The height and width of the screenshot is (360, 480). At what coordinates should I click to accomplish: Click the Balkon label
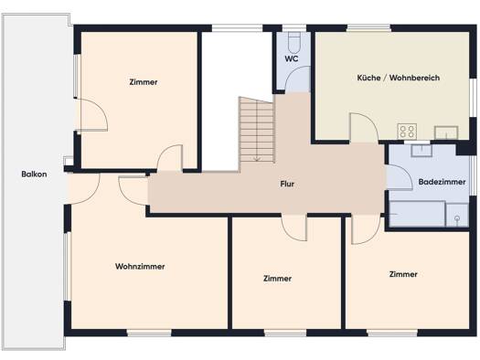click(34, 175)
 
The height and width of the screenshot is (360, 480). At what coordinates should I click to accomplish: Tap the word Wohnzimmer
click(140, 267)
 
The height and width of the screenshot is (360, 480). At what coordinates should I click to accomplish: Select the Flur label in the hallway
click(287, 185)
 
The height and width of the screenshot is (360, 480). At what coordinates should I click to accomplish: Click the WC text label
click(292, 58)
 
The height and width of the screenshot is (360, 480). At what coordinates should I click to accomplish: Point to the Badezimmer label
click(442, 182)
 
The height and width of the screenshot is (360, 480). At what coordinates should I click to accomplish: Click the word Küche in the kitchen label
click(368, 78)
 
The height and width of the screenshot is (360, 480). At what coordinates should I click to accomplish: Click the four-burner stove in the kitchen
click(407, 131)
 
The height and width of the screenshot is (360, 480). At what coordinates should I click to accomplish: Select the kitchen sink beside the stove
click(446, 132)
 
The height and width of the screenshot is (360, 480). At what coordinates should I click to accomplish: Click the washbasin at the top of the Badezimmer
click(421, 150)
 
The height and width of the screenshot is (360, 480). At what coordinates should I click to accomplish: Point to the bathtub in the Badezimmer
click(417, 214)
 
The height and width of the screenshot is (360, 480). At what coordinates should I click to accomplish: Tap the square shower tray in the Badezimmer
click(457, 215)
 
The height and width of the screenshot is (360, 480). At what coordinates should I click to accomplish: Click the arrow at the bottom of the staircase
click(257, 158)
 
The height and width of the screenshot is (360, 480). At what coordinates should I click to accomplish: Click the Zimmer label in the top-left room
click(144, 82)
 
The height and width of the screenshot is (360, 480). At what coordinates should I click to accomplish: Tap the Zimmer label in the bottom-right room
click(403, 274)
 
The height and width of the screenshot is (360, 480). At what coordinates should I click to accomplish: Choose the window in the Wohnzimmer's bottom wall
click(149, 333)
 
